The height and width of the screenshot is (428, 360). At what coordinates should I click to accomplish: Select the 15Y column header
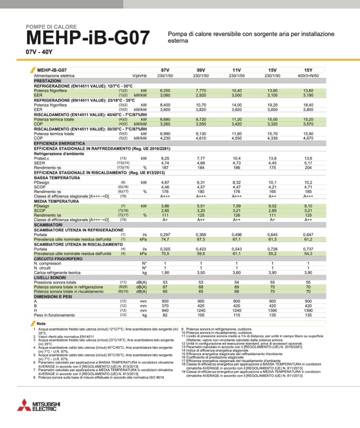click(308, 71)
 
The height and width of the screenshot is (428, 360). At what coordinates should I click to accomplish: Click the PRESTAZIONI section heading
click(49, 81)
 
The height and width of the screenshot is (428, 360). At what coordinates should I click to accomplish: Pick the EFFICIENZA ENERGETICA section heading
click(59, 144)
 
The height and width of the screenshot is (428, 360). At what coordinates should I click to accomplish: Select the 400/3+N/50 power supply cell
click(308, 76)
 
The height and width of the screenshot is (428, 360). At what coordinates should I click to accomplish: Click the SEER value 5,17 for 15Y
click(308, 163)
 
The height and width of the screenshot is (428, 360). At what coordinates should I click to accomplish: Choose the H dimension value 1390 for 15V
click(272, 310)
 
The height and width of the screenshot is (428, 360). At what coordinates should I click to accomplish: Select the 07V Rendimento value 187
click(165, 168)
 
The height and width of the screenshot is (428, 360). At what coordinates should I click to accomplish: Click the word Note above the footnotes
click(43, 324)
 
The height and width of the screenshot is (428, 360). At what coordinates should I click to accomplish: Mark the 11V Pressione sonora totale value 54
click(237, 283)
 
